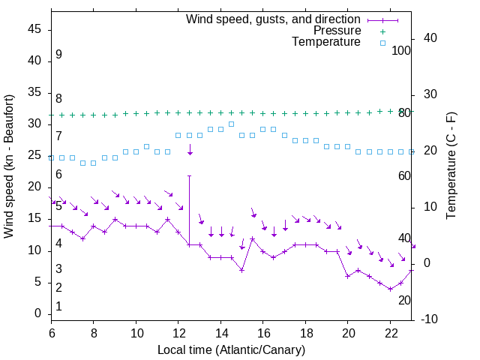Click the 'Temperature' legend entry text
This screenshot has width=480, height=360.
point(326,43)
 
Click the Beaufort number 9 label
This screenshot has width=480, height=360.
point(58,55)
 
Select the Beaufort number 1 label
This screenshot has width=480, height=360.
point(58,306)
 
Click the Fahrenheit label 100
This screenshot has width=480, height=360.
point(402,50)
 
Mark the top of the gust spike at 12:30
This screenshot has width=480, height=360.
point(190,175)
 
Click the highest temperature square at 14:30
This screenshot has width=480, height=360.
point(232,124)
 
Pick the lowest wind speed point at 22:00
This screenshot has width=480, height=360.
point(391,289)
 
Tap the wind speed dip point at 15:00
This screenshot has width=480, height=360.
point(242,270)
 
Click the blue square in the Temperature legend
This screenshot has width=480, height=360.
point(382,43)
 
